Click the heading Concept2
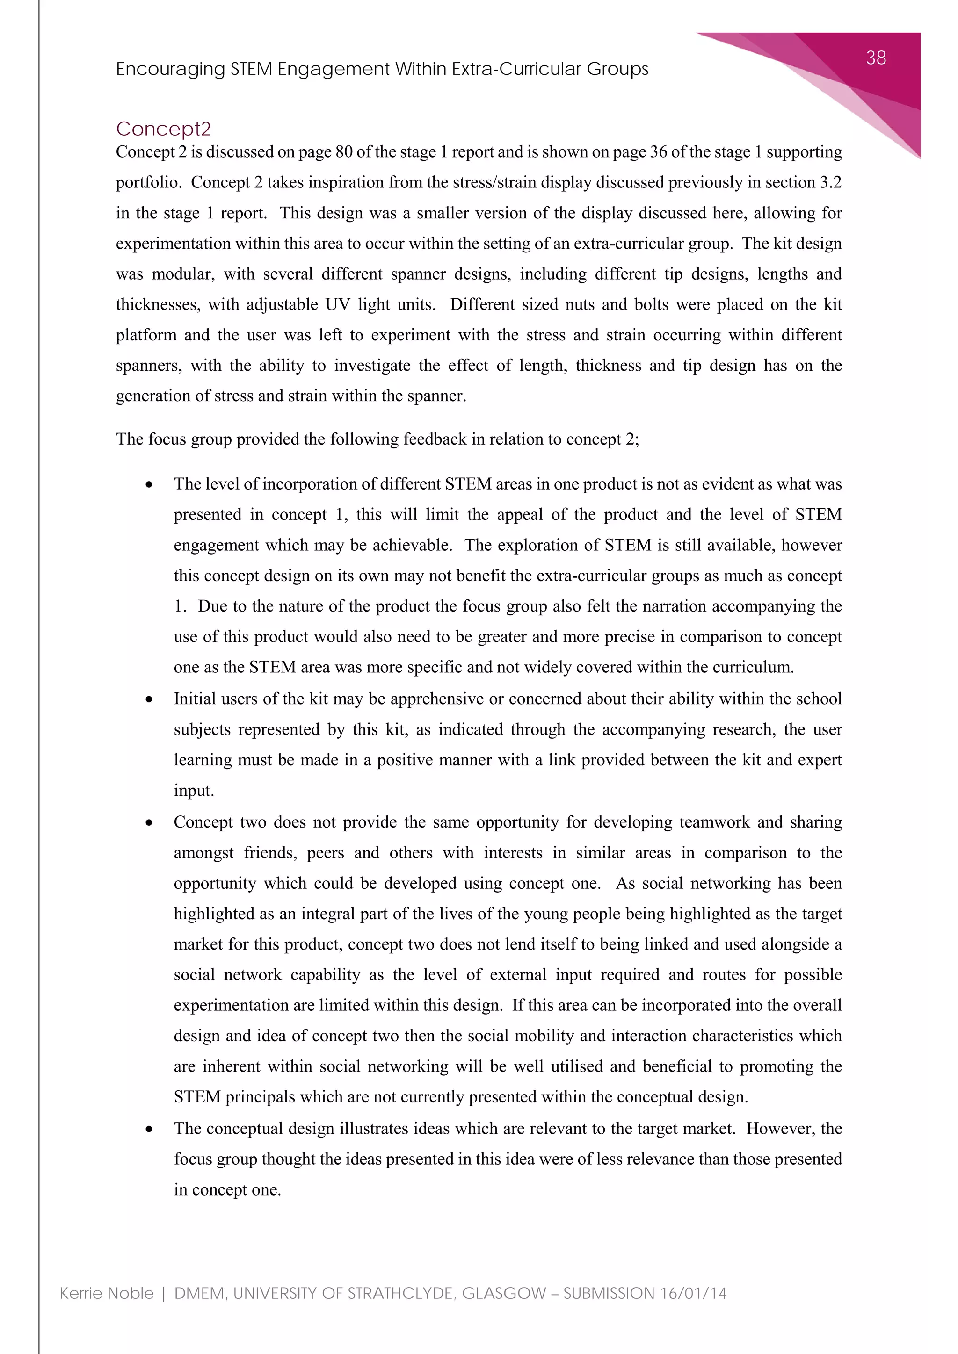163,129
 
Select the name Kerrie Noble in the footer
107,1293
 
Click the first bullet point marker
149,485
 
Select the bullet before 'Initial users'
149,699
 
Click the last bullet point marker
149,1129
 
